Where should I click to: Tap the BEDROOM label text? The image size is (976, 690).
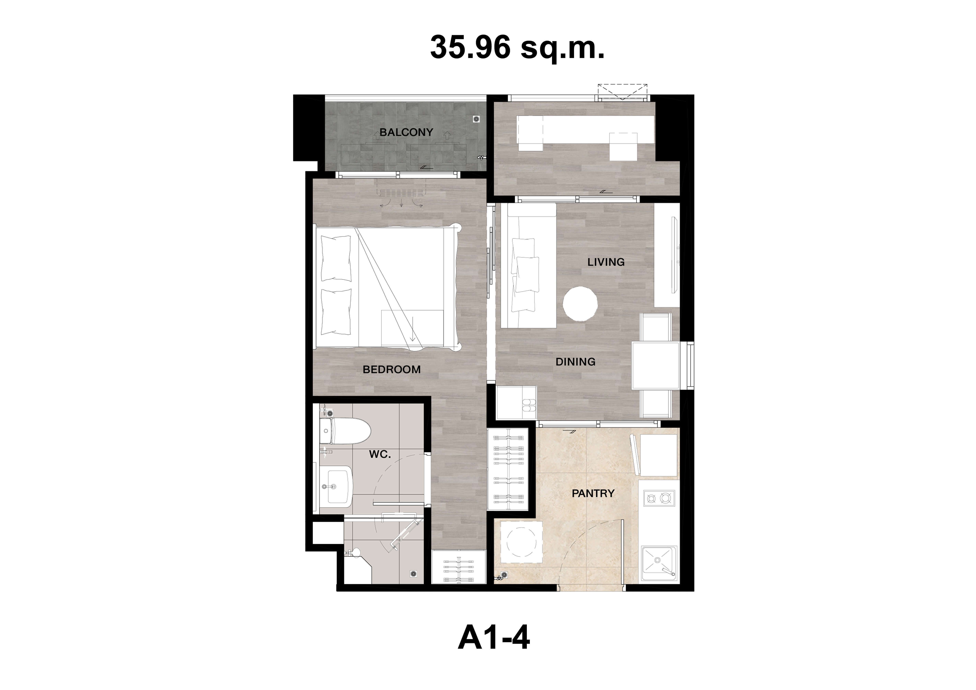[392, 369]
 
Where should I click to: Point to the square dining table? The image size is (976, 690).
[655, 366]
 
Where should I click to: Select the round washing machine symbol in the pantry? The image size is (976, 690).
[522, 542]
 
